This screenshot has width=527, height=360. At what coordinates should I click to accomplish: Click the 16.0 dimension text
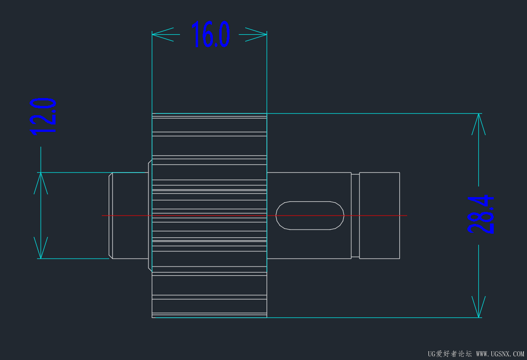click(211, 35)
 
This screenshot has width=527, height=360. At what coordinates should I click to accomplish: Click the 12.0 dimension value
click(43, 116)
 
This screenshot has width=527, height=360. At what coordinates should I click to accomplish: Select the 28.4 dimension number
click(481, 214)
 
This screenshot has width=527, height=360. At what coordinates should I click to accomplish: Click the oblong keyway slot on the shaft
click(310, 215)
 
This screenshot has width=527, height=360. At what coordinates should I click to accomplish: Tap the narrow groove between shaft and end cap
click(355, 215)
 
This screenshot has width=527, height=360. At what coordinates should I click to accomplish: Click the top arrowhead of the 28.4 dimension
click(478, 123)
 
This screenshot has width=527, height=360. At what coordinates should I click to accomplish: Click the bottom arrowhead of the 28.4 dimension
click(478, 308)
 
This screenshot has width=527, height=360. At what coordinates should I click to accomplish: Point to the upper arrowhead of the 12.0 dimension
click(41, 183)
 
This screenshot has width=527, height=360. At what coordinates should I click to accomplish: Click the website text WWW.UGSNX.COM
click(500, 354)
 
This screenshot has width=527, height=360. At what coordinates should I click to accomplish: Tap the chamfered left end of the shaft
click(111, 215)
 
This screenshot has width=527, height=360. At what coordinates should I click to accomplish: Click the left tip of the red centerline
click(103, 216)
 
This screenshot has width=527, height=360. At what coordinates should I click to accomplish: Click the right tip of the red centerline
click(406, 216)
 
